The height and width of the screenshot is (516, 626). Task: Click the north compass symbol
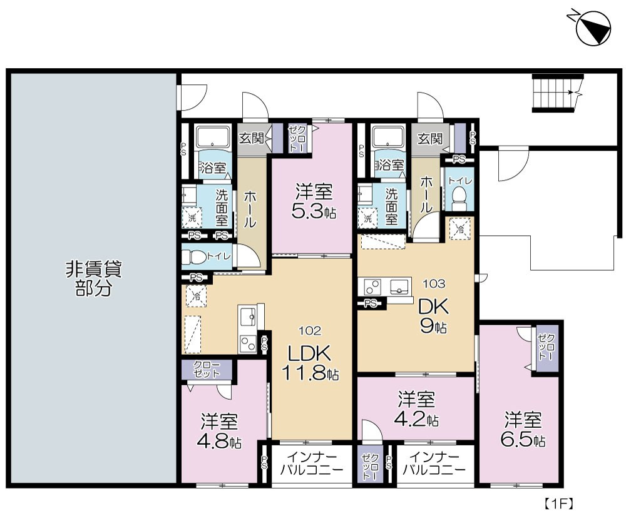[593, 27]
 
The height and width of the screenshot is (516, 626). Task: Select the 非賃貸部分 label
[93, 279]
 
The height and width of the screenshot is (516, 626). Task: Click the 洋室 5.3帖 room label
[314, 202]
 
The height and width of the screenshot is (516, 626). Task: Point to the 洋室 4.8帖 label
[219, 431]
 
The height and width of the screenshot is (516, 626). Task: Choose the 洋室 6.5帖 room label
[523, 430]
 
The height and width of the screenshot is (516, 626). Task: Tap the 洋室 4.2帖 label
[416, 409]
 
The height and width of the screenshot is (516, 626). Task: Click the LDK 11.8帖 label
[310, 363]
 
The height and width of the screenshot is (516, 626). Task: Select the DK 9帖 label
[433, 316]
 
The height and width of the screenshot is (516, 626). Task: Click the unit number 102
[310, 331]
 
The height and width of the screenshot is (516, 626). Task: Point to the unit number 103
[434, 283]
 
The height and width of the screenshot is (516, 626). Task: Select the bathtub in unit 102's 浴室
[212, 138]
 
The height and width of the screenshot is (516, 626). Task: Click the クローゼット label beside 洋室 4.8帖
[207, 370]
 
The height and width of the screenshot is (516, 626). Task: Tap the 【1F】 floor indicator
[558, 503]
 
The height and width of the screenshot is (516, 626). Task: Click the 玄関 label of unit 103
[430, 139]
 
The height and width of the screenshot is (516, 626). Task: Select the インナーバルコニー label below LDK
[311, 463]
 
